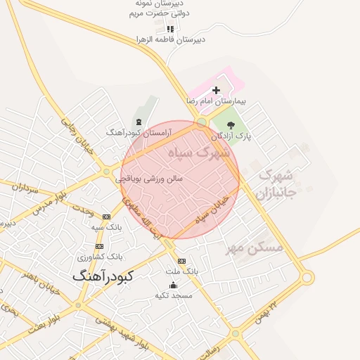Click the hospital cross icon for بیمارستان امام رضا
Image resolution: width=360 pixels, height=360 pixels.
[216, 90]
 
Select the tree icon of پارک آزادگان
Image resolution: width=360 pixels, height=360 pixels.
[231, 124]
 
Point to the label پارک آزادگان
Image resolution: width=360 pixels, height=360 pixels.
[234, 134]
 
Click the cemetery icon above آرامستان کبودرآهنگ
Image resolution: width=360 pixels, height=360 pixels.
[138, 122]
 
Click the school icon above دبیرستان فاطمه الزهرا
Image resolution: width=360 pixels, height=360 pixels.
[169, 30]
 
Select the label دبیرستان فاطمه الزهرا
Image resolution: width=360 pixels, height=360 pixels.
[171, 39]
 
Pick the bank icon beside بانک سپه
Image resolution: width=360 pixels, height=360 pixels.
[106, 217]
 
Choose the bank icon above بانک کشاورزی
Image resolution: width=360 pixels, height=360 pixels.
[99, 246]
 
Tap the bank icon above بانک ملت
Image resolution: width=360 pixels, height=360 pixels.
[182, 261]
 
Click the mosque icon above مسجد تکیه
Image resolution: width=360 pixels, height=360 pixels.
[174, 285]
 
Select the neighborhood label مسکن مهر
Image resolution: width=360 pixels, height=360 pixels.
[254, 247]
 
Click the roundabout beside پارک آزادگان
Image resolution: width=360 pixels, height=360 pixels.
[202, 122]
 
